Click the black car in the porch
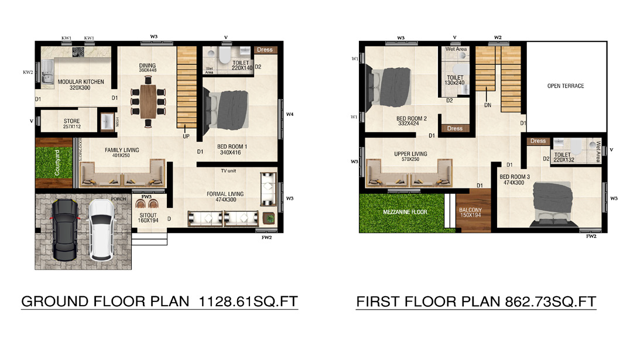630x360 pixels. point(64,229)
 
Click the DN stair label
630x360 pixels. point(487,106)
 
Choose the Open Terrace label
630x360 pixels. point(565,86)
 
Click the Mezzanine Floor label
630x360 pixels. point(405,211)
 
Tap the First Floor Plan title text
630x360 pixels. point(475,302)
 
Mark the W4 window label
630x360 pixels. point(289,114)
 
